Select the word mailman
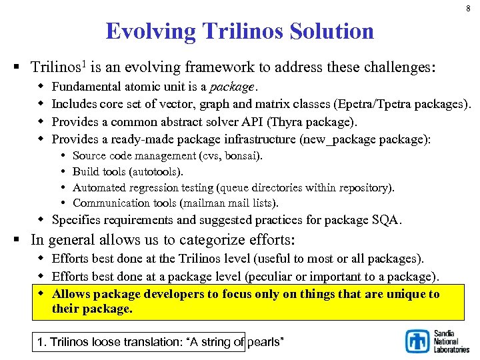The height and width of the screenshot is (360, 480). [x=210, y=203]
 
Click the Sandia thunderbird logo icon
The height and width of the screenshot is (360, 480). [x=418, y=341]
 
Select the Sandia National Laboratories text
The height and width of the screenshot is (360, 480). [x=451, y=341]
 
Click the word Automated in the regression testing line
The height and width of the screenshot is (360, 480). [x=97, y=187]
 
